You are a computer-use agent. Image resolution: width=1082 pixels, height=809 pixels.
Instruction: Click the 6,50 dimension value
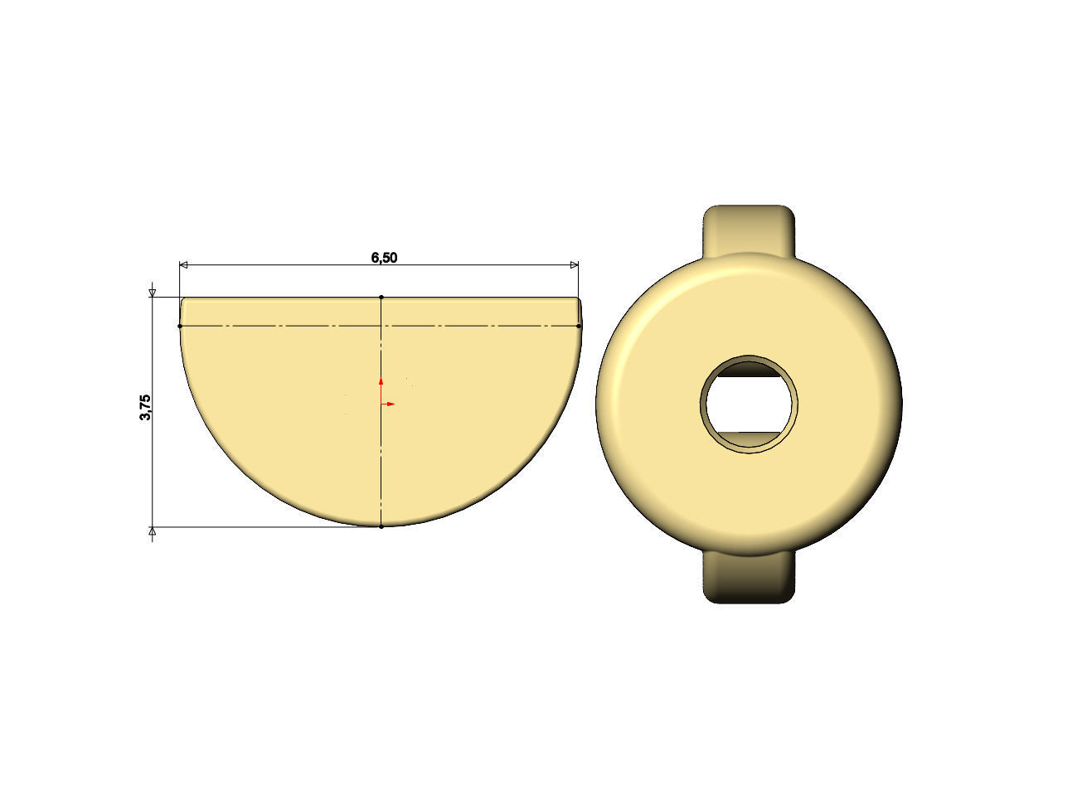pyautogui.click(x=384, y=258)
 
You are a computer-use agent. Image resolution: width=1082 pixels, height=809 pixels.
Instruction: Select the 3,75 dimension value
pyautogui.click(x=146, y=407)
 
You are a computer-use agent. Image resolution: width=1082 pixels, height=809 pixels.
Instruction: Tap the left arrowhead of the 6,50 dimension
pyautogui.click(x=185, y=265)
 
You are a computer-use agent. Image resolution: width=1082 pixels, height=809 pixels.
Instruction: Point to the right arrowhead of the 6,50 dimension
pyautogui.click(x=574, y=265)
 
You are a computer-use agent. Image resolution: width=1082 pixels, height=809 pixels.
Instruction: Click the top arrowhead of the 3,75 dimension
pyautogui.click(x=152, y=293)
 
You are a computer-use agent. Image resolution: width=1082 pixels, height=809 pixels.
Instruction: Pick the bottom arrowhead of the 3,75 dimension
pyautogui.click(x=152, y=530)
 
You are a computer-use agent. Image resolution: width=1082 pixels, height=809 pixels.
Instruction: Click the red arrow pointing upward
pyautogui.click(x=381, y=380)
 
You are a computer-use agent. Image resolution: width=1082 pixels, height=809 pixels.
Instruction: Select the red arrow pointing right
pyautogui.click(x=390, y=404)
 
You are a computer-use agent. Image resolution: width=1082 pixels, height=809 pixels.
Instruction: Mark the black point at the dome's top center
pyautogui.click(x=381, y=297)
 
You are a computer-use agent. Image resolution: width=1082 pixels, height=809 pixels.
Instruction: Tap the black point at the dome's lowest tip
pyautogui.click(x=381, y=526)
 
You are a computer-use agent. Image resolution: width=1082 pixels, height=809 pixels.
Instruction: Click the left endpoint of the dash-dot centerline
pyautogui.click(x=180, y=326)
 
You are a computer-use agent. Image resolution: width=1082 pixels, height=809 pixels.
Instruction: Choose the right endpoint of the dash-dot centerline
pyautogui.click(x=579, y=326)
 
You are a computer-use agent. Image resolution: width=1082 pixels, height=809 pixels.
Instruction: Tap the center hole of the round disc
pyautogui.click(x=750, y=404)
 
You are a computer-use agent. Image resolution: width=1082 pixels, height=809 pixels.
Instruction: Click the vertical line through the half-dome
pyautogui.click(x=381, y=464)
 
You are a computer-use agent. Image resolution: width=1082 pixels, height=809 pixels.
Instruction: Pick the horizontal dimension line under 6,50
pyautogui.click(x=290, y=265)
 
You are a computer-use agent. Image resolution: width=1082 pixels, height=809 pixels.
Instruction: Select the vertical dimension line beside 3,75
pyautogui.click(x=152, y=464)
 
